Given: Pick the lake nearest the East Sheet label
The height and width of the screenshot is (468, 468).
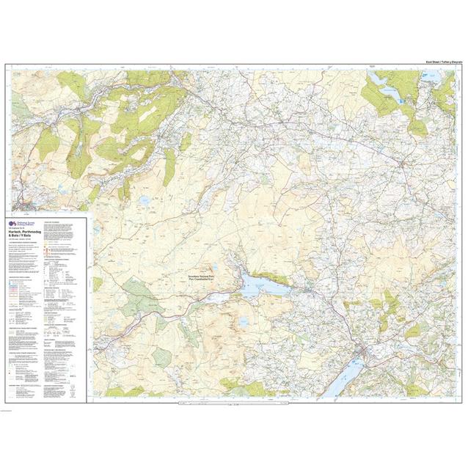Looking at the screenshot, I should point(382,78).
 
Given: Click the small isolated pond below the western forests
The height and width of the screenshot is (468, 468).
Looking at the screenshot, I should point(145,199).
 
